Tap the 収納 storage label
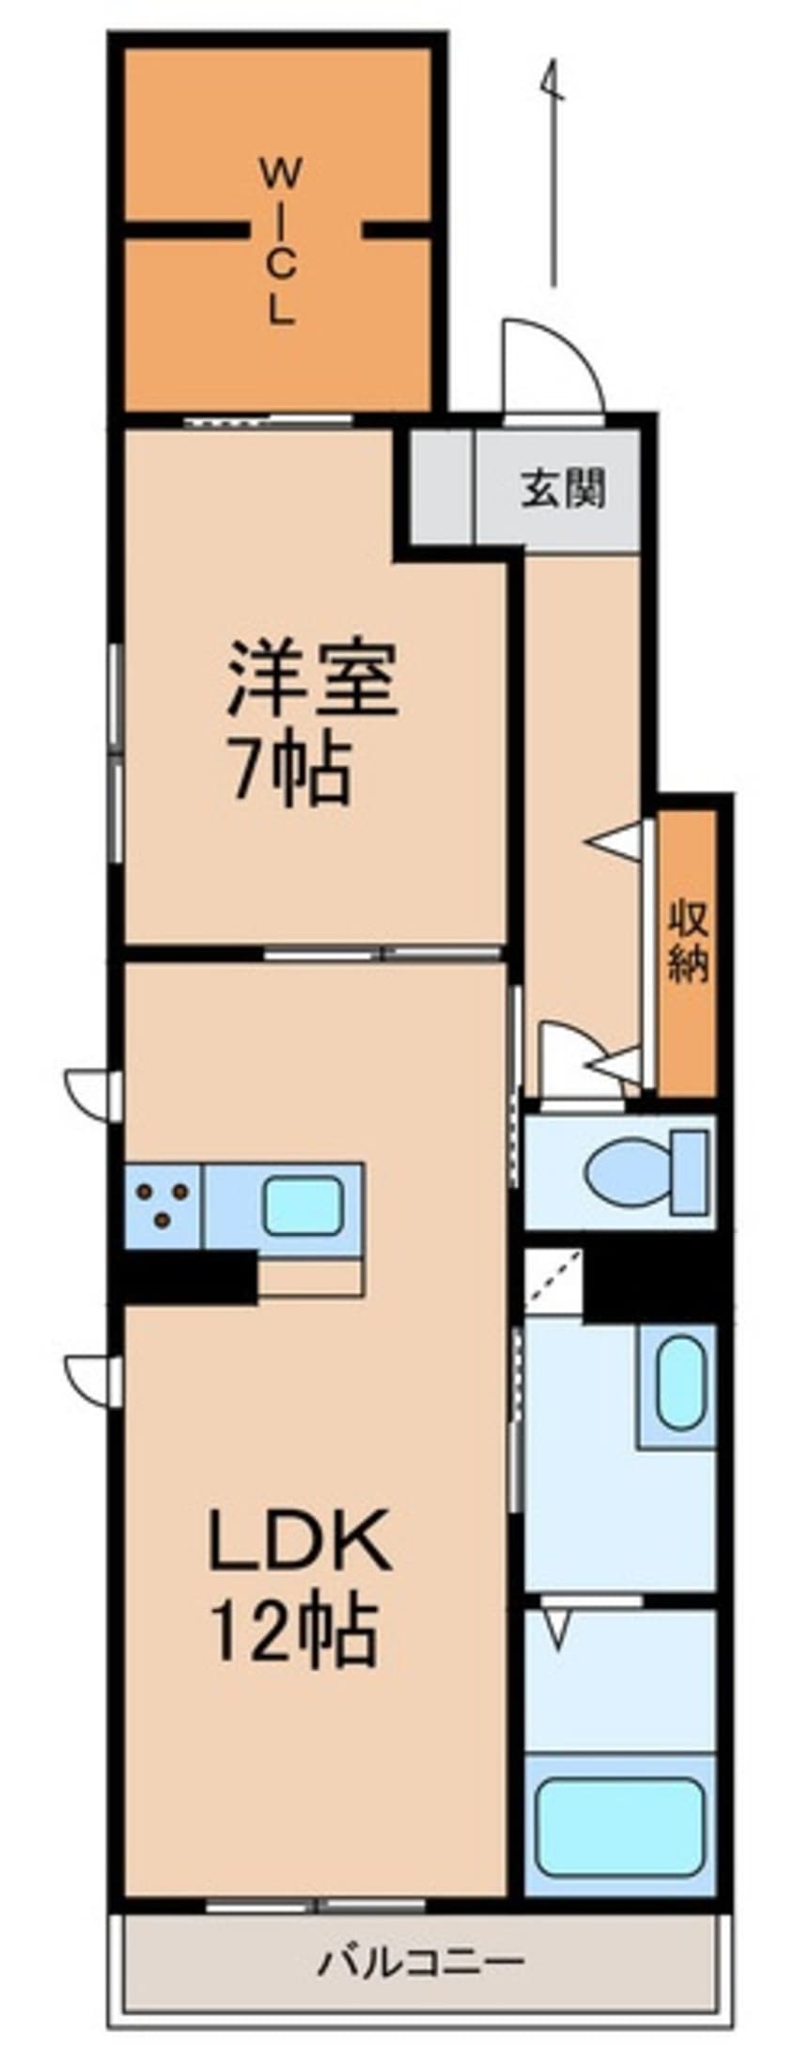688,942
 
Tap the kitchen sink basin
301,1207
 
